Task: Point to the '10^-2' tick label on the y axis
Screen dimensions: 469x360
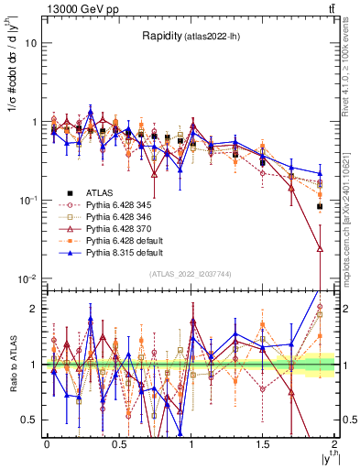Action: [x=28, y=278]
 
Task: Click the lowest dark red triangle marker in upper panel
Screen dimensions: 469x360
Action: [x=320, y=247]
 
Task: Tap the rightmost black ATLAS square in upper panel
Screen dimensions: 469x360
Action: [x=320, y=207]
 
